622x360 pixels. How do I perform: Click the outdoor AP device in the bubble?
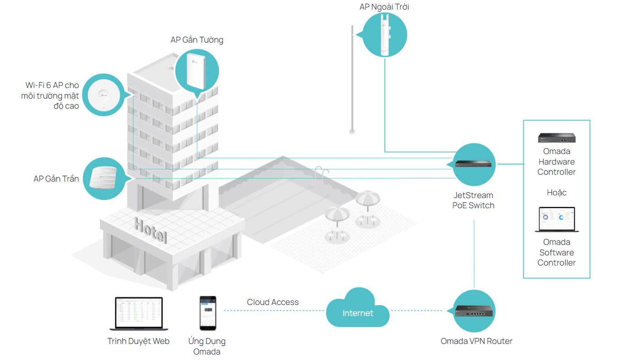[x=385, y=35]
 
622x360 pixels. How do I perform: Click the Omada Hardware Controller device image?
[x=556, y=138]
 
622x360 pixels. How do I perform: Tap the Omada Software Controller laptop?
[x=556, y=220]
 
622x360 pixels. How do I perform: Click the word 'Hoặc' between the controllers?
[x=556, y=193]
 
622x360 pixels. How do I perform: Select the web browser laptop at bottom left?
[x=138, y=314]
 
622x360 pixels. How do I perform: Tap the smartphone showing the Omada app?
[x=208, y=313]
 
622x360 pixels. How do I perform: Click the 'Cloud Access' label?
[x=273, y=302]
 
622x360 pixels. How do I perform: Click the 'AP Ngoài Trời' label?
[x=384, y=7]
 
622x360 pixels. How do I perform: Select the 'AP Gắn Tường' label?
[x=197, y=40]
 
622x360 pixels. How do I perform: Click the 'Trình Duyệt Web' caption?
[x=138, y=341]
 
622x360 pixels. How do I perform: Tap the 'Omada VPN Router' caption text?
[x=476, y=341]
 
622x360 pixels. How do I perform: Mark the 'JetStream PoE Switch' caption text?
[x=473, y=200]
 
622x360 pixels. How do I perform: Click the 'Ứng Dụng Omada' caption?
[x=207, y=346]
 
